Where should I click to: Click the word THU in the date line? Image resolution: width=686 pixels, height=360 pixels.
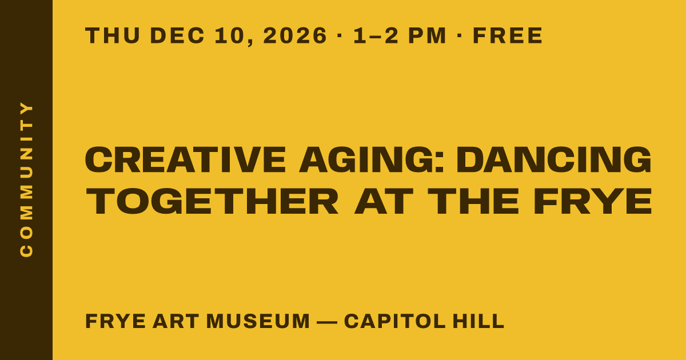coord(113,35)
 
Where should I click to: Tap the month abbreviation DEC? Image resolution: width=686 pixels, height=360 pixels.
coord(177,35)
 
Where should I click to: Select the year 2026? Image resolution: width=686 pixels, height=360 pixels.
coord(295,35)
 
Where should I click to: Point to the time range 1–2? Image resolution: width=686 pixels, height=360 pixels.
coord(376,35)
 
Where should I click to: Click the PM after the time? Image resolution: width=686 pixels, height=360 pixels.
coord(427,35)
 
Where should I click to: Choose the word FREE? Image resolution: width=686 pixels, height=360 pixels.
coord(508,35)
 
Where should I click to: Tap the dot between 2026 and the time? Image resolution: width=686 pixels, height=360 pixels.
coord(339,35)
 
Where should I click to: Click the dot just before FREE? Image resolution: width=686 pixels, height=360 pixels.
coord(459,35)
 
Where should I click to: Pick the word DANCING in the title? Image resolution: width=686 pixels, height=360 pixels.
coord(554,160)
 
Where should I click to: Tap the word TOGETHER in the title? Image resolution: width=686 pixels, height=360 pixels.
coord(212,201)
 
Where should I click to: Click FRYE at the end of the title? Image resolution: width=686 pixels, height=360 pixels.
coord(593,201)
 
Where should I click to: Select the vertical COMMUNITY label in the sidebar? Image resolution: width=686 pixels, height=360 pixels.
coord(26,179)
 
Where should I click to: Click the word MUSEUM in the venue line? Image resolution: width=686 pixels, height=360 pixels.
coord(258,321)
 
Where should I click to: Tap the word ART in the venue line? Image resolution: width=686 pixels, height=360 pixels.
coord(176,321)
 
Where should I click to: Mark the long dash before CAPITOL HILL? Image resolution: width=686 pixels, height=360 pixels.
coord(327,322)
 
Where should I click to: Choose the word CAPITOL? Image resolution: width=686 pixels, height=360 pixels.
coord(395,321)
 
